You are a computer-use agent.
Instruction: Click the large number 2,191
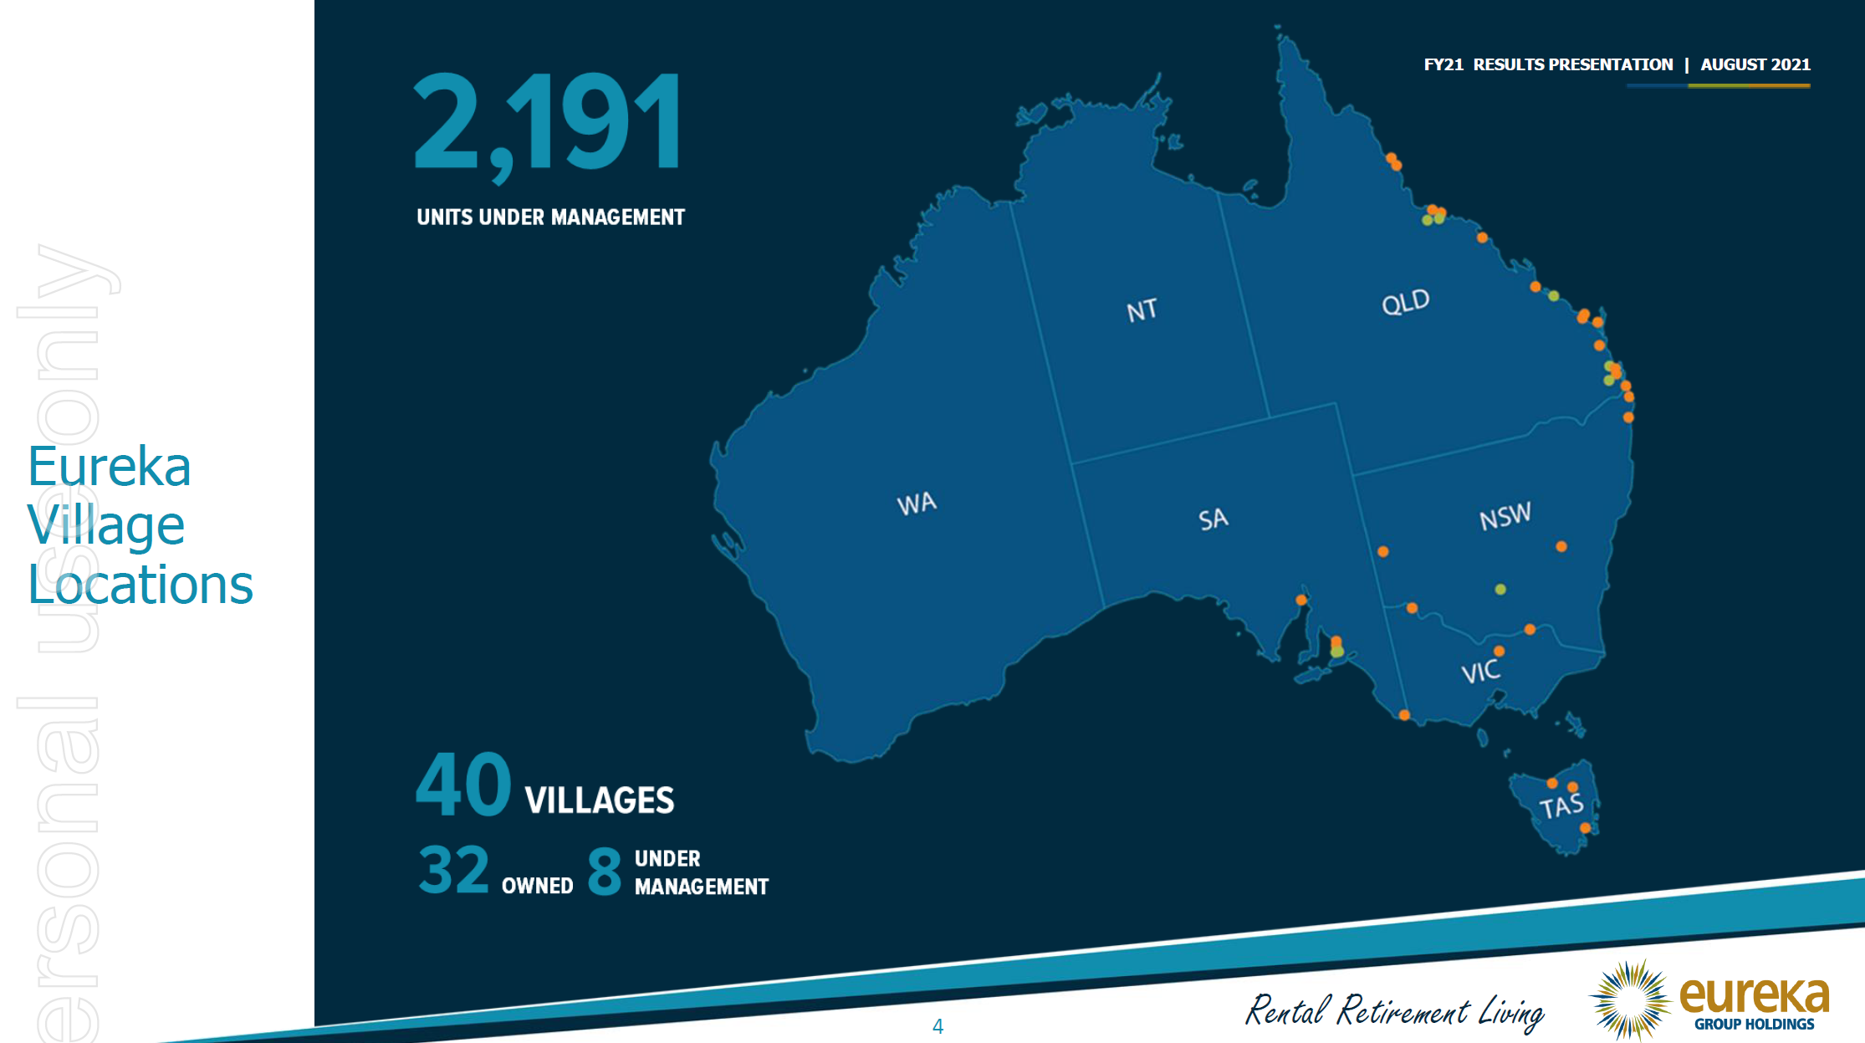coord(548,123)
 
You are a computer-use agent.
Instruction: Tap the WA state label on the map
coord(917,504)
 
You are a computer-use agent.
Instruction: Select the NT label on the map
coord(1142,310)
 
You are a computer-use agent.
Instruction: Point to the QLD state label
coord(1405,302)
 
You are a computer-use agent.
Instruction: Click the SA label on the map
coord(1213,519)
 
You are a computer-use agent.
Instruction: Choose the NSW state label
coord(1505,516)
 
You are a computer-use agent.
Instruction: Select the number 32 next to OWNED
coord(453,870)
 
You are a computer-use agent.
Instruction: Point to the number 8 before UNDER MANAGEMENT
coord(604,871)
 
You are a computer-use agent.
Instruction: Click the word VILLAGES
coord(599,800)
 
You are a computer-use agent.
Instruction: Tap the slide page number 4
coord(938,1026)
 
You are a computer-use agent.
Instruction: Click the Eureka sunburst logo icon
coord(1630,1000)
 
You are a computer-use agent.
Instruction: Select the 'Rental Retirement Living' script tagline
coord(1394,1011)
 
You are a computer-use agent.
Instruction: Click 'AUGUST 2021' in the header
coord(1755,64)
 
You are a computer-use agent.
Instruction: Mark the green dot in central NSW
coord(1500,590)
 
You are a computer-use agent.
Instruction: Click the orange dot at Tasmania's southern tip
coord(1585,828)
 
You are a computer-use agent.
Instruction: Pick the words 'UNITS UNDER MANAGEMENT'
coord(550,217)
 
